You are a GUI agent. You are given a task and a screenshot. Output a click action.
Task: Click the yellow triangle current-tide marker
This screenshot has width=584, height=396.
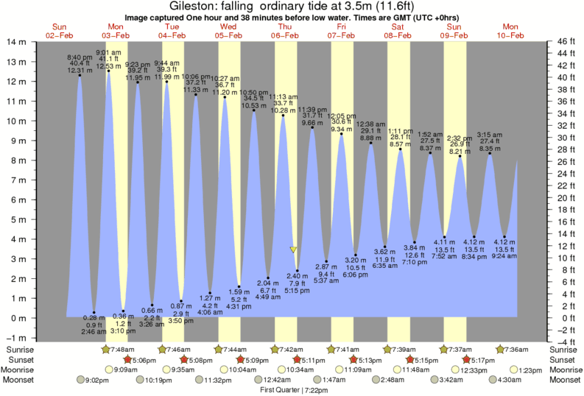[294, 250]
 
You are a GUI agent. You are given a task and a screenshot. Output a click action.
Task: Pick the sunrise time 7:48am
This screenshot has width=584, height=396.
[122, 349]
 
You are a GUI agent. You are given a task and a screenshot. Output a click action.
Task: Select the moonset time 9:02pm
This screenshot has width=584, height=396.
[97, 380]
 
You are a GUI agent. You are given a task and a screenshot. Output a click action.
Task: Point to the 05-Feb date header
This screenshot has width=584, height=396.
[228, 35]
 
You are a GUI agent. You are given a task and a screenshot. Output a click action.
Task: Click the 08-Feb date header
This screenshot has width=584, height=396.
[398, 35]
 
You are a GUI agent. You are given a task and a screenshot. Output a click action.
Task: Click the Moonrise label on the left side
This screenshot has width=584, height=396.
[21, 370]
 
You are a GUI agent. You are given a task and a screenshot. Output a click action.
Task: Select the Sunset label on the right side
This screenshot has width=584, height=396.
[565, 359]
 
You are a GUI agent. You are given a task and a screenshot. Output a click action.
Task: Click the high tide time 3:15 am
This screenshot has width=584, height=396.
[490, 134]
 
